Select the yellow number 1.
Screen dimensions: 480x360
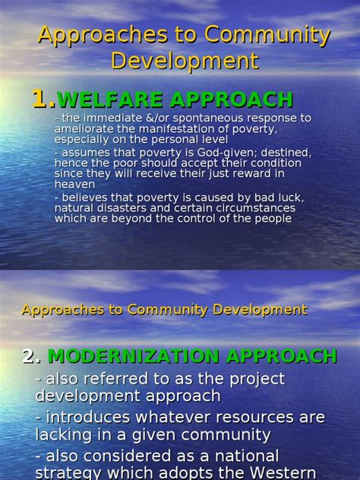coord(43,99)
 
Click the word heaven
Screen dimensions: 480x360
coord(74,183)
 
